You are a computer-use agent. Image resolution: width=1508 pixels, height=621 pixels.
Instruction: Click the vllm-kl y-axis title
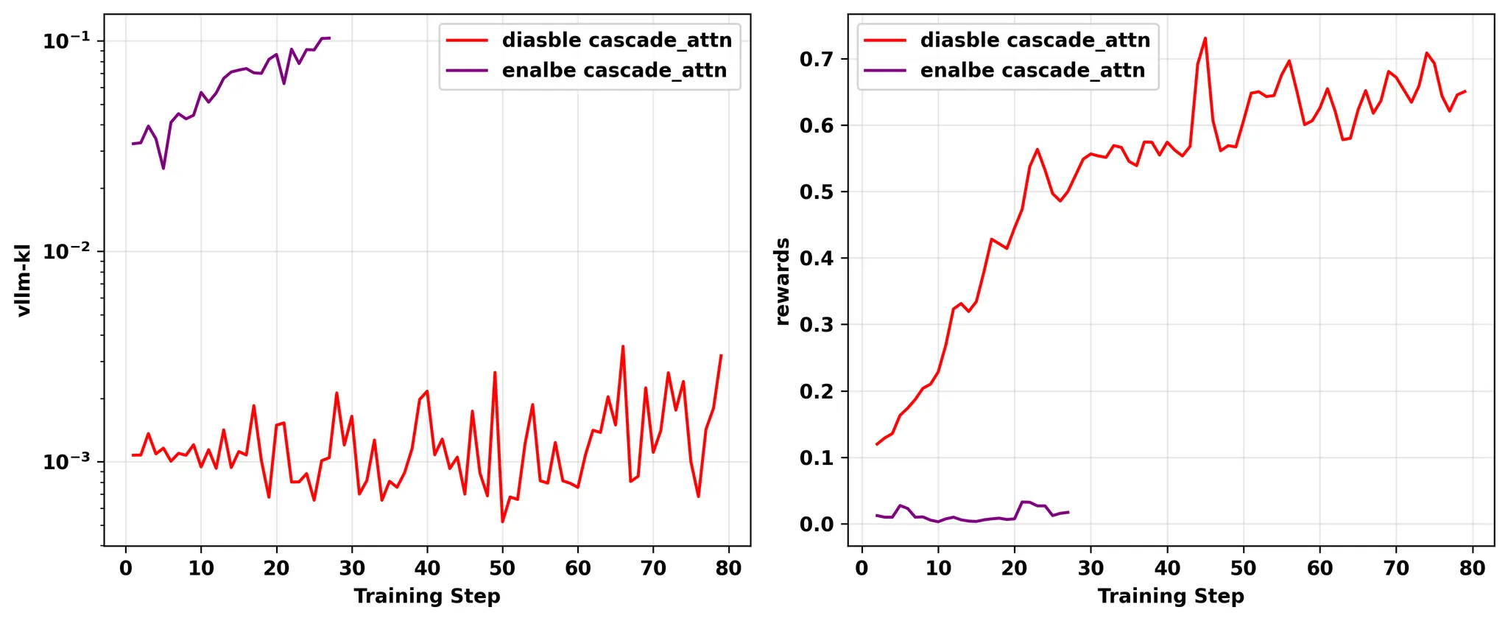24,280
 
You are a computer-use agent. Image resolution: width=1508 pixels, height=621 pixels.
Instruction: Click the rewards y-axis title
783,281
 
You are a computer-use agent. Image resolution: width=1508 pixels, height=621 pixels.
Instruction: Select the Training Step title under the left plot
427,596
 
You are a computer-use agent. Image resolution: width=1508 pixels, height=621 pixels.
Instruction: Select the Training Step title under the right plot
1171,596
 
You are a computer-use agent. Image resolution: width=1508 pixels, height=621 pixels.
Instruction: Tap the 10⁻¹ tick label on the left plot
66,40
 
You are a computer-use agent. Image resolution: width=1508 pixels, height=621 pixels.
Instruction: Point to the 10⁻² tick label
66,250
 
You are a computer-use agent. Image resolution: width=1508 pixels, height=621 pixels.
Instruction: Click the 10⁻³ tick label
66,461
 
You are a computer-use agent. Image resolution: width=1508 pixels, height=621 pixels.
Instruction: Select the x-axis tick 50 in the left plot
502,568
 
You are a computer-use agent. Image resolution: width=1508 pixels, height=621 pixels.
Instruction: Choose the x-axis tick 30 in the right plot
1091,568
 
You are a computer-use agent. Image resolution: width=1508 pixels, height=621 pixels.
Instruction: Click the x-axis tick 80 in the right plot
1473,568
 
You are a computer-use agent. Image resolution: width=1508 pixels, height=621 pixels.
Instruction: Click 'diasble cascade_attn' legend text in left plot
617,40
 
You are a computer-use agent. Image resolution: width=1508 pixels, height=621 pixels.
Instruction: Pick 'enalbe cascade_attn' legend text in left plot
614,70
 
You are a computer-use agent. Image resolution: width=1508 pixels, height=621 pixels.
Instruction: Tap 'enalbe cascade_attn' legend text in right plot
1032,70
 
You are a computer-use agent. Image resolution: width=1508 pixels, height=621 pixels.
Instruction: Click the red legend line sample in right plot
885,40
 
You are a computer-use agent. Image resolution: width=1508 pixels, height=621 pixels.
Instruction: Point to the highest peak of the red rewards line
1205,38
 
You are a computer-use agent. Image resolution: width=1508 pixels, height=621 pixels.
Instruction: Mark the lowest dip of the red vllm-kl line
502,522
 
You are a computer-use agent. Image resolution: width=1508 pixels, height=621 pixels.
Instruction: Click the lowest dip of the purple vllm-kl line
163,169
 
